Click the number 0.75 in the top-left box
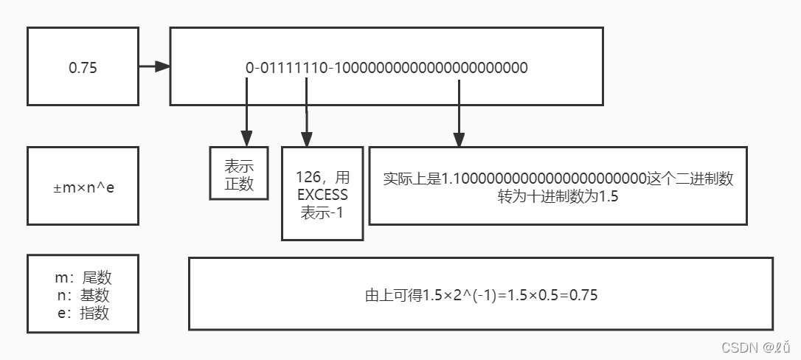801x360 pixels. (83, 68)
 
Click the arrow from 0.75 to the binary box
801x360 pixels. (154, 67)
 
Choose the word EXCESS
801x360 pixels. (322, 195)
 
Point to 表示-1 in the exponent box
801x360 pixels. (322, 213)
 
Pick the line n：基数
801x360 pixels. (83, 295)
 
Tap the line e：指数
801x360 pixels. (83, 313)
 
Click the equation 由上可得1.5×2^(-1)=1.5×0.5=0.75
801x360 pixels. (481, 296)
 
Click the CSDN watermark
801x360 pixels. (756, 347)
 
